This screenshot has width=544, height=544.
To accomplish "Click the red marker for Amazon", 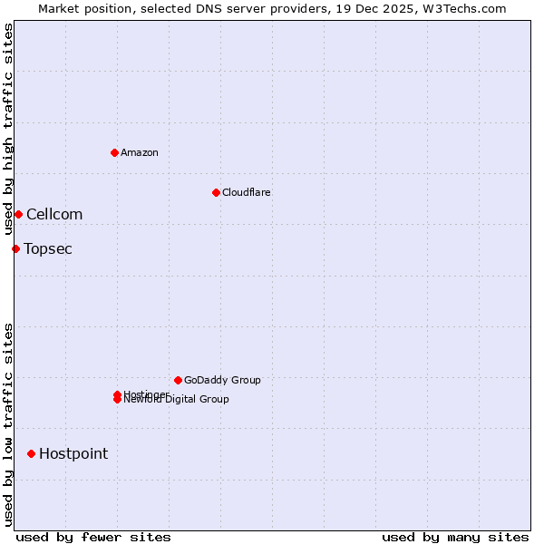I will coord(114,152).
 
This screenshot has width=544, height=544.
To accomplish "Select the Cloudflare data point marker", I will coord(216,192).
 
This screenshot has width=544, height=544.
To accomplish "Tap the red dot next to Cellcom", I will coord(18,214).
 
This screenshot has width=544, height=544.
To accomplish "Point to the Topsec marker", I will coord(15,248).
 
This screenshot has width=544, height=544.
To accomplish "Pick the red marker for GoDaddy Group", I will coord(178,380).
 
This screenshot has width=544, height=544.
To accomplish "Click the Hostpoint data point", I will coord(31,453).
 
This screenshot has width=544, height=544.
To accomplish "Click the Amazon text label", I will coord(140,152).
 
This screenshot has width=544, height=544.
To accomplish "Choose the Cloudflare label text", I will coord(247,192).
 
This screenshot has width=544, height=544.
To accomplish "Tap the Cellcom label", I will coord(54,214).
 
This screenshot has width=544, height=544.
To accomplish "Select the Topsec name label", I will coord(48,248).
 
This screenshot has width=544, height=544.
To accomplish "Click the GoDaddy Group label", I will coord(222,380).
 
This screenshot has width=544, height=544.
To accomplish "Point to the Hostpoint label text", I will coord(73,453).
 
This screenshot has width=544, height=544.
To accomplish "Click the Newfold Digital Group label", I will coord(178,400).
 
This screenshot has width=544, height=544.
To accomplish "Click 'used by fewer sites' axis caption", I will coord(93,537).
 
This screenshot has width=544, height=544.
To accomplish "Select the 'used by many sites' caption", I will coord(455,537).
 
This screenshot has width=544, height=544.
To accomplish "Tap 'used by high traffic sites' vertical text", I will coord(8,129).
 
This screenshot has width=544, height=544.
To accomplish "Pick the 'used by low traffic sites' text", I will coord(8,423).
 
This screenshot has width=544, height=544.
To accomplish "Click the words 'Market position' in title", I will coord(83,8).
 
